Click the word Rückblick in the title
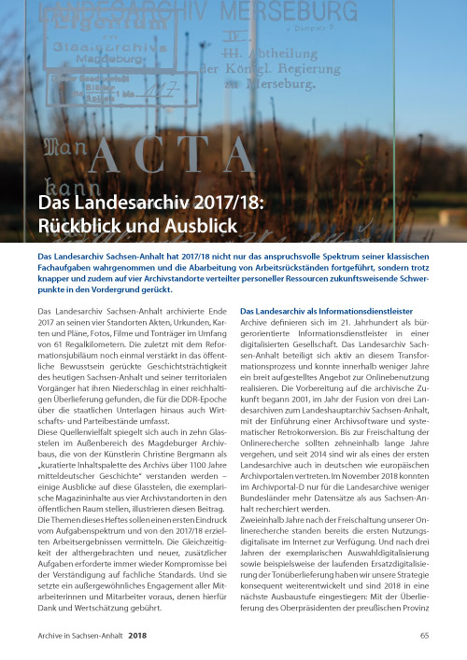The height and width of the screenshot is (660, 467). click(73, 226)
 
